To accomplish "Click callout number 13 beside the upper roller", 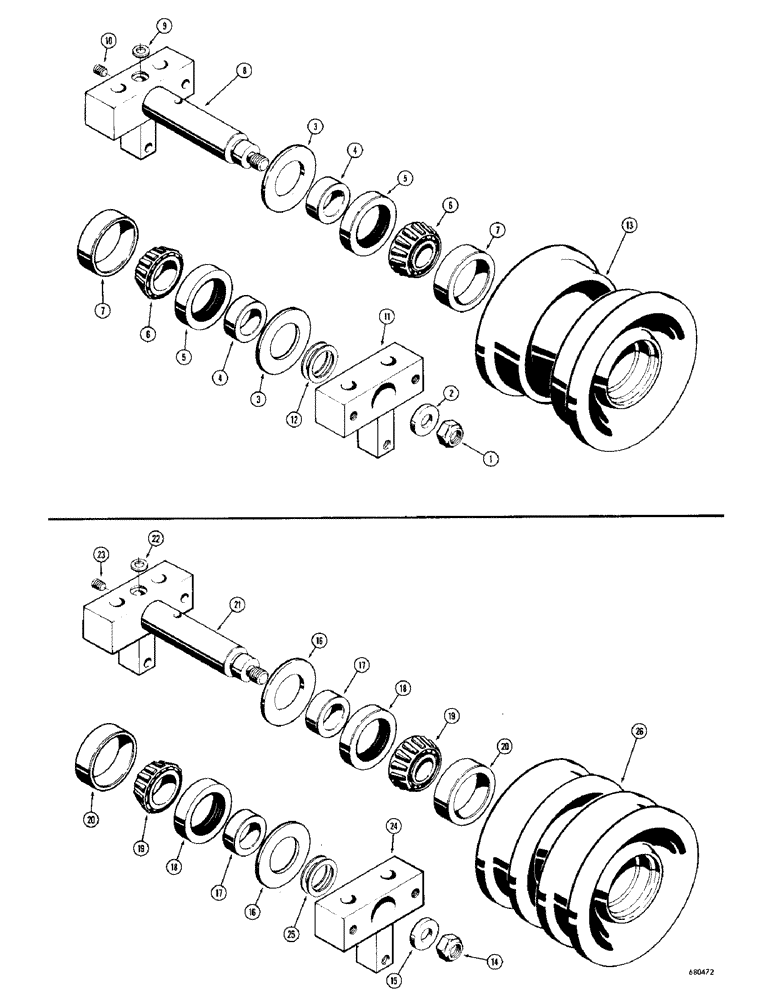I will pyautogui.click(x=628, y=224).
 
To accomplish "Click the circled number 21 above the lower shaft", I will pyautogui.click(x=237, y=602).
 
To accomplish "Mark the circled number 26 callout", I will pyautogui.click(x=640, y=731).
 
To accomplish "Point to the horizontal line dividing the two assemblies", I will pyautogui.click(x=385, y=516).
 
